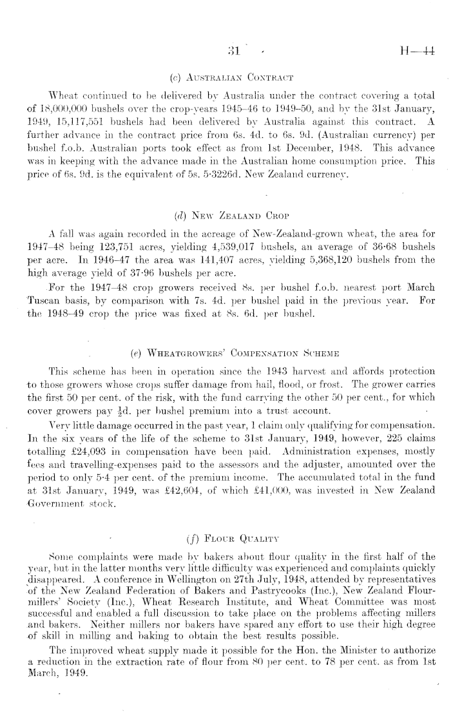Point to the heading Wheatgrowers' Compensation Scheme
coord(225,335)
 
